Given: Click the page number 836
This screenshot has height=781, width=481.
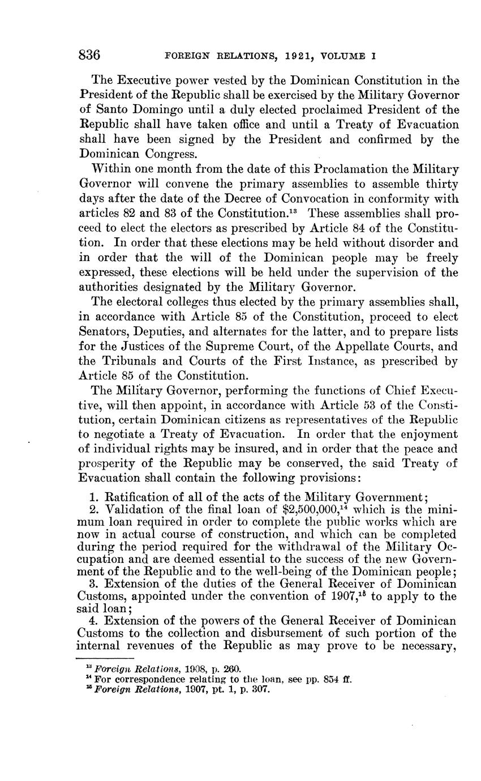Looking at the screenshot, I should (89, 56).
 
